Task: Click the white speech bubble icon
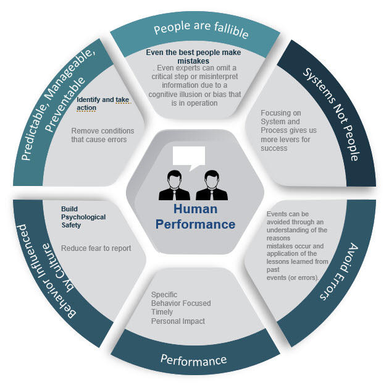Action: pyautogui.click(x=188, y=158)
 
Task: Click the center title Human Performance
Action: pyautogui.click(x=195, y=217)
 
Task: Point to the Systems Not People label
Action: pyautogui.click(x=331, y=114)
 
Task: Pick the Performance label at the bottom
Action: pyautogui.click(x=193, y=359)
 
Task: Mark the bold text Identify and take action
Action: pyautogui.click(x=96, y=103)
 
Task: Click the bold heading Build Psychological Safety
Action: pyautogui.click(x=83, y=217)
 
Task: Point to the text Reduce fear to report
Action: pyautogui.click(x=96, y=248)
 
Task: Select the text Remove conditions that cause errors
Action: pyautogui.click(x=99, y=135)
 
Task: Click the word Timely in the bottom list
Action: pyautogui.click(x=162, y=312)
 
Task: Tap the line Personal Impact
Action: pyautogui.click(x=178, y=321)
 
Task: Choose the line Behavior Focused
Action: pyautogui.click(x=181, y=303)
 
